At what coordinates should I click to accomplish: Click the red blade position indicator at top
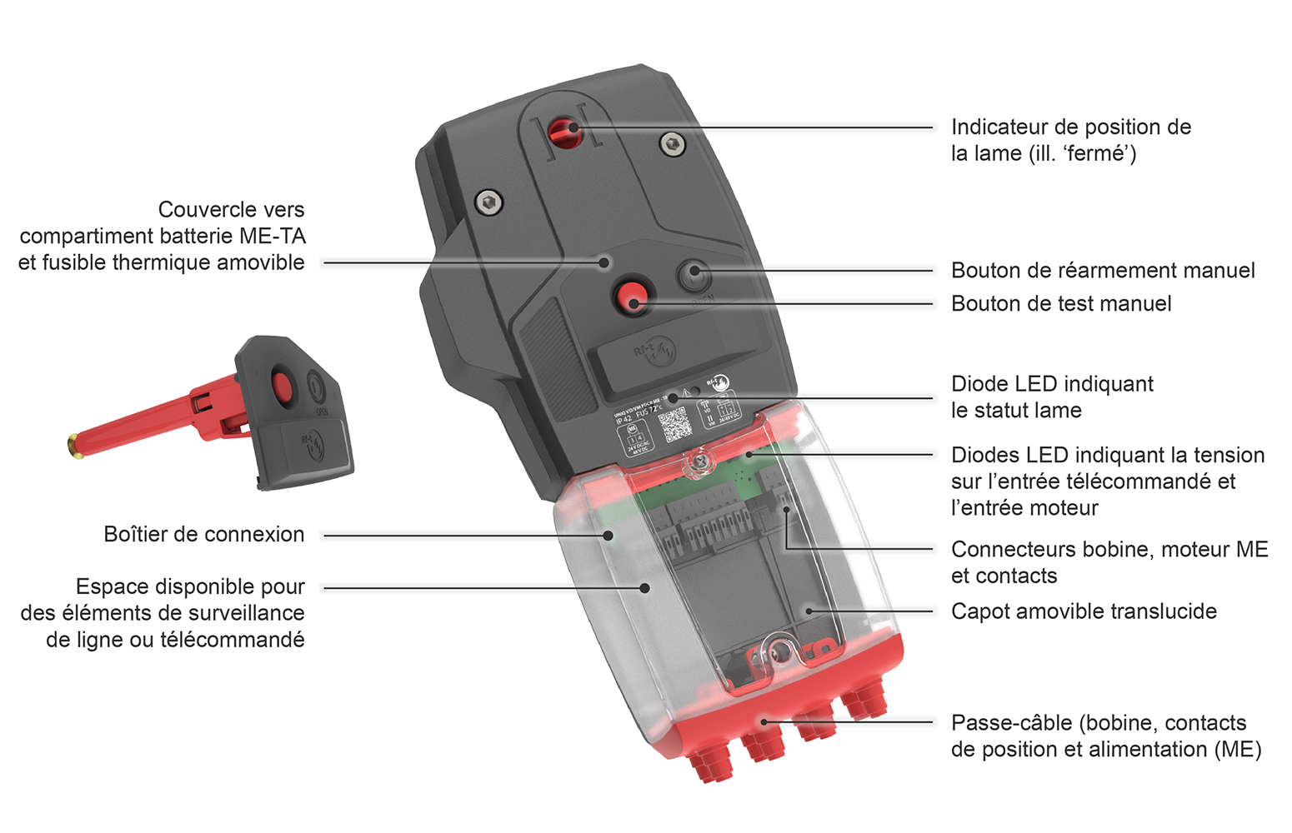click(x=564, y=130)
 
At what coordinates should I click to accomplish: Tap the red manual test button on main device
click(x=631, y=296)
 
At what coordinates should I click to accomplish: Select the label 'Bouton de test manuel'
click(x=1061, y=304)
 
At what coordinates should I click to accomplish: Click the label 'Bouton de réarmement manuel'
click(x=1103, y=271)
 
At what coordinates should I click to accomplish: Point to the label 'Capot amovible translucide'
click(x=1084, y=611)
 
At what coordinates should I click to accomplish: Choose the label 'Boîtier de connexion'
click(x=204, y=535)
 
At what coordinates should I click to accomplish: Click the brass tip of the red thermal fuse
click(x=73, y=445)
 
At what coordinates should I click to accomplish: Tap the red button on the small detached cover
click(x=282, y=387)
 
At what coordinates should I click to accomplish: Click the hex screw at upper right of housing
click(x=672, y=144)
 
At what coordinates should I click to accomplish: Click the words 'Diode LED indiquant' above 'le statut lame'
click(x=1052, y=384)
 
